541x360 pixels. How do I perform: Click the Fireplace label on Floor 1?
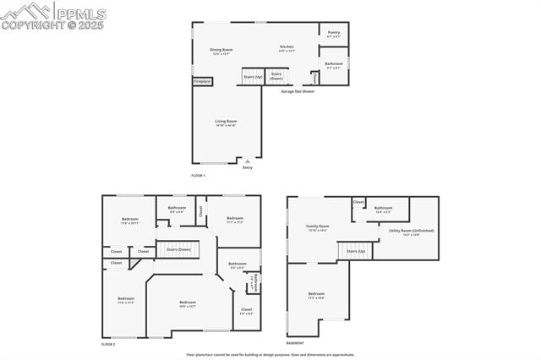point(202,81)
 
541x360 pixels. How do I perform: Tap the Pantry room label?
point(334,34)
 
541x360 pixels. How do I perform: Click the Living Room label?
point(226,123)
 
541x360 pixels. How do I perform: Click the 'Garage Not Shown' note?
point(298,91)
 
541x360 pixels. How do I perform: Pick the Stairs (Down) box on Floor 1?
point(276,76)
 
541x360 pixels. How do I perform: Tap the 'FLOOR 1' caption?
point(198,175)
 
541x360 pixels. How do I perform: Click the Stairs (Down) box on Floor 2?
point(178,249)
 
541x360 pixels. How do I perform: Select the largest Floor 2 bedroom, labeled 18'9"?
point(188,303)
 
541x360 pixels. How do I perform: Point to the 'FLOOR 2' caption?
point(108,344)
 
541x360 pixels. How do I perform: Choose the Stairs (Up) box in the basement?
point(355,251)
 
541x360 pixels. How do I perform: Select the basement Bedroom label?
point(316,295)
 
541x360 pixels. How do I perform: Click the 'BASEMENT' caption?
point(295,343)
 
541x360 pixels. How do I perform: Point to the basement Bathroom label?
point(384,209)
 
